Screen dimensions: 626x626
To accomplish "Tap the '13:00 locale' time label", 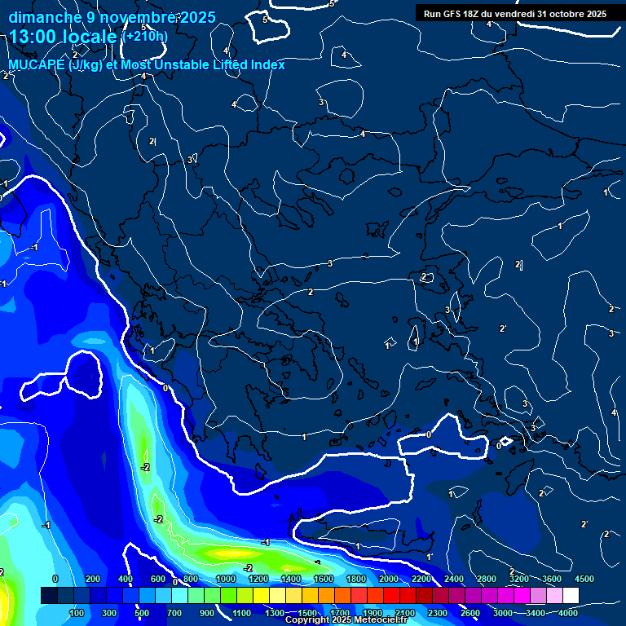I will pos(64,37).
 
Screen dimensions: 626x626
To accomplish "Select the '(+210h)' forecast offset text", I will pos(145,37).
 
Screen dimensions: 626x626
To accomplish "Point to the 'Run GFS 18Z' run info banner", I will pos(515,14).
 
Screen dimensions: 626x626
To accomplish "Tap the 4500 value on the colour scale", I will pos(584,579).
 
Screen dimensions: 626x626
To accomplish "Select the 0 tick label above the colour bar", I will pos(55,579).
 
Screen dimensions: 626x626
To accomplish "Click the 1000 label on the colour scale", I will pos(225,579).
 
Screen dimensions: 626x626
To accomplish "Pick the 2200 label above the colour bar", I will pos(421,579).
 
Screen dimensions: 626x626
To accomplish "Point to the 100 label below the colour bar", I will pos(78,613).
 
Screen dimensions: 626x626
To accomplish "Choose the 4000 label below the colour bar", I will pos(567,613).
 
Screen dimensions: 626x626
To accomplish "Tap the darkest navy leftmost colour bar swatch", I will pos(49,596).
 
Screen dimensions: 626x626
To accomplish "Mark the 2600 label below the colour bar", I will pos(469,613).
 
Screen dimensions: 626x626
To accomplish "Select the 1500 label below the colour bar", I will pos(306,613).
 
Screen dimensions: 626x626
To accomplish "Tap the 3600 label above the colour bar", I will pos(551,579).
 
